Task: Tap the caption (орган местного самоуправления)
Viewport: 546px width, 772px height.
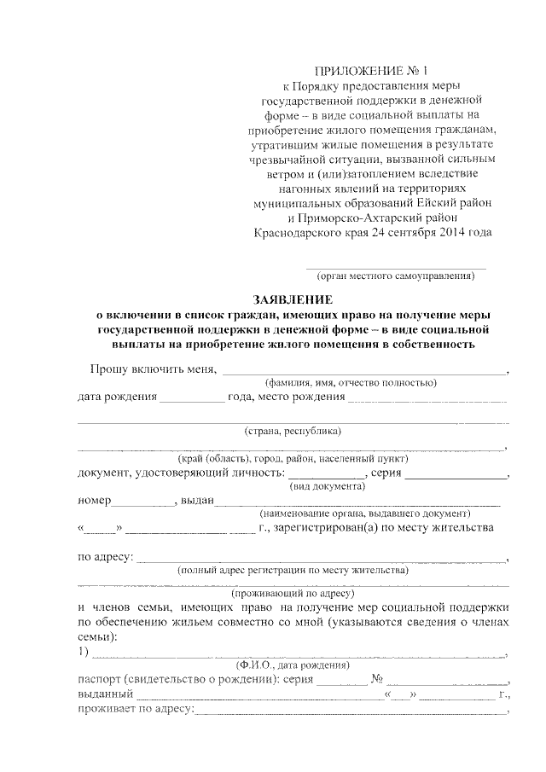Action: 395,277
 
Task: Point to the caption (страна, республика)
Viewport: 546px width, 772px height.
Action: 293,431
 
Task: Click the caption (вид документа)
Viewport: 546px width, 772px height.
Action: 328,486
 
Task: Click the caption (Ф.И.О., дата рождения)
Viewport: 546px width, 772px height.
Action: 293,665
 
